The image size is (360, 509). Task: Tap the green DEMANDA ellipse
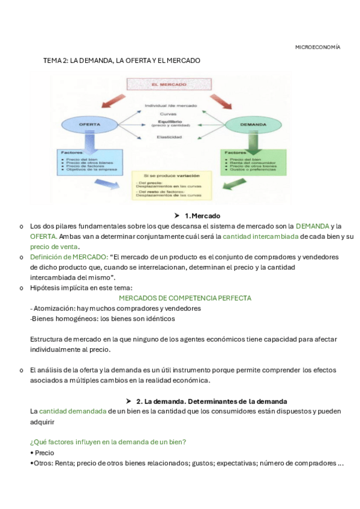coord(253,125)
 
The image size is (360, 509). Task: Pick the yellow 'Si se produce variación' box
coord(172,184)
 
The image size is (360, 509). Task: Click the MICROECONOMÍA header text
coord(317,47)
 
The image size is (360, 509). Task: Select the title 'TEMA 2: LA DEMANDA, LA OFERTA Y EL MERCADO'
coord(122,61)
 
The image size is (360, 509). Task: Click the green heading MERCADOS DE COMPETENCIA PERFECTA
coord(185,298)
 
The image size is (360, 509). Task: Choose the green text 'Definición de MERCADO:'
coord(69,257)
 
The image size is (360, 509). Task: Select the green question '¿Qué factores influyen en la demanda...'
coord(108,442)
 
